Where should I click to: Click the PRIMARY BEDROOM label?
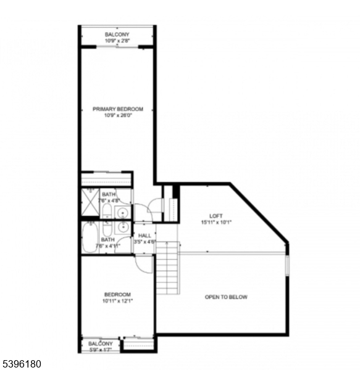117,109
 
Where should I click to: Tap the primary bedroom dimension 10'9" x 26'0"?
117,115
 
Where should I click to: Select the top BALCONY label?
117,35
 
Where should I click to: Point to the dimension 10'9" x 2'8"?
117,41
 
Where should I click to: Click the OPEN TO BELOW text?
226,297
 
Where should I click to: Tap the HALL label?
144,236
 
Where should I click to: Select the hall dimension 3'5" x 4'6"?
144,242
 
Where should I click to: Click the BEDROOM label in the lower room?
117,294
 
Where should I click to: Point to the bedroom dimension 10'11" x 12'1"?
117,301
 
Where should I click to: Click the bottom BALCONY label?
100,343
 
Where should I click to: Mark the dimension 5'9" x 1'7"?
100,349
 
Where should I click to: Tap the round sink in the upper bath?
123,213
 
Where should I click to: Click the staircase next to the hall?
167,268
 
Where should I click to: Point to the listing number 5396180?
22,364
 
